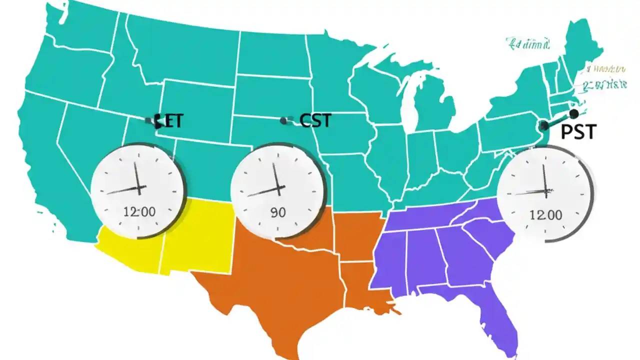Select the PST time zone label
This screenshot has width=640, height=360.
578,132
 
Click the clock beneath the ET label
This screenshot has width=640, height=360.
138,190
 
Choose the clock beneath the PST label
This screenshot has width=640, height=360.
545,193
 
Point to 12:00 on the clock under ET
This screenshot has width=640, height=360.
139,211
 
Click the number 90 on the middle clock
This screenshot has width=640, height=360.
278,212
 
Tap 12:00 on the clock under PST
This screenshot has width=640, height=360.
545,215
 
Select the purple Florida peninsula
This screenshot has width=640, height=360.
495,310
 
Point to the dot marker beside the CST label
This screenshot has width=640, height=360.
284,120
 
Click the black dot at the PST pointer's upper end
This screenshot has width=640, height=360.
573,113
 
